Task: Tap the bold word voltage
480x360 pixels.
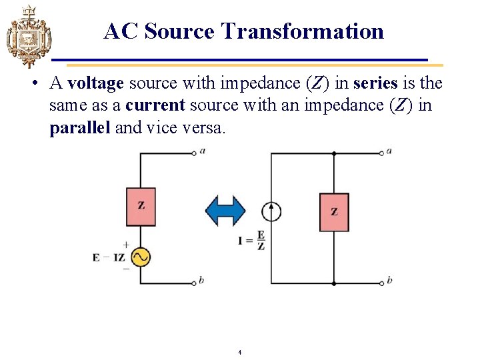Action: [95, 83]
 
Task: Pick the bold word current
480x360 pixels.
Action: [155, 105]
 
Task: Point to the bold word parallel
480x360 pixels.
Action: [80, 127]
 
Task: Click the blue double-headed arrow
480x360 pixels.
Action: [226, 210]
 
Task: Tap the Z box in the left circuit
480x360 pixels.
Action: [141, 206]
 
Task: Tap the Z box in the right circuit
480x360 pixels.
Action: [334, 212]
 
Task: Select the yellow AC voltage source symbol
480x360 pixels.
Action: [140, 257]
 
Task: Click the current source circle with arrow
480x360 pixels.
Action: [271, 211]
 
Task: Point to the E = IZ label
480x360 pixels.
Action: [109, 257]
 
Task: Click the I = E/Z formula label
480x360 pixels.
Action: [252, 240]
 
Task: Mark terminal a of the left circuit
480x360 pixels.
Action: [195, 152]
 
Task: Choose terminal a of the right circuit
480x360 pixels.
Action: [382, 152]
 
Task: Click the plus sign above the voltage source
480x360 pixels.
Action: [126, 245]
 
